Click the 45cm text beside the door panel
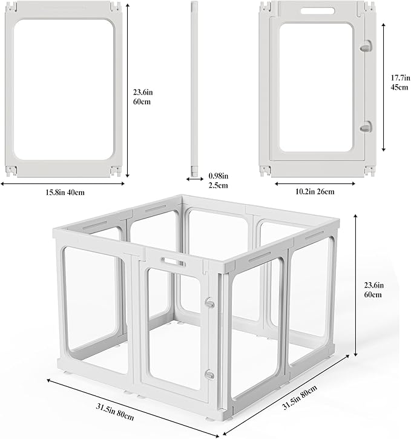(x=397, y=87)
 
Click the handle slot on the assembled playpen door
(x=172, y=262)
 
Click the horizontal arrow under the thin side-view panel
(x=196, y=180)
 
